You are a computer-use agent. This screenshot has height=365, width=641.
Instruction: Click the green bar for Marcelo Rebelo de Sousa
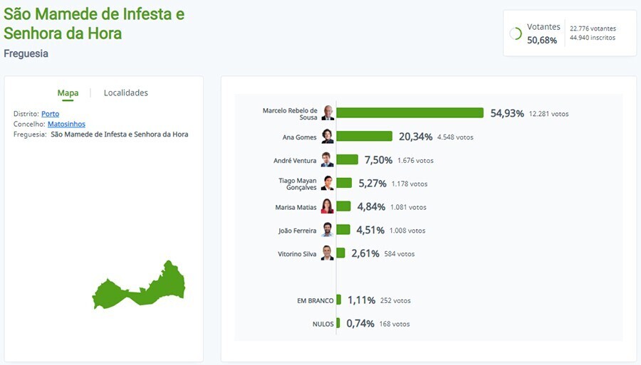(x=410, y=113)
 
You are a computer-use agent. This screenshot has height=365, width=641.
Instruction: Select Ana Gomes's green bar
(x=364, y=137)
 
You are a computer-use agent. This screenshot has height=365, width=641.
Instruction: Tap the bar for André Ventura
(x=347, y=160)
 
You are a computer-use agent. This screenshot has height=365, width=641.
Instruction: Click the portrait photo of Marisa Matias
(x=327, y=207)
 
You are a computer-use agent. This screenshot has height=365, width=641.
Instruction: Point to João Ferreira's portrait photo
(x=327, y=230)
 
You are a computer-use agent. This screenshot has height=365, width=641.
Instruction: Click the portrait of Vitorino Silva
(x=327, y=253)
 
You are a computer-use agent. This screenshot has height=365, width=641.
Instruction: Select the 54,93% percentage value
(x=507, y=113)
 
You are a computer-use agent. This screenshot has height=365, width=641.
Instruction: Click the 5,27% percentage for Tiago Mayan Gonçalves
(x=372, y=184)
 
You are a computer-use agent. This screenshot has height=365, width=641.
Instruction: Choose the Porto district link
(x=50, y=114)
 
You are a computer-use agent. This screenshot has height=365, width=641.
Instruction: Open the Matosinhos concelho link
(x=66, y=124)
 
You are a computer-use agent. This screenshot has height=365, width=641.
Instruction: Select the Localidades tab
(x=126, y=92)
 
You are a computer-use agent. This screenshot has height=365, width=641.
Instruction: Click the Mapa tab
(x=68, y=92)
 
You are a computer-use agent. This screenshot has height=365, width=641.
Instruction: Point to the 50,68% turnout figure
(x=542, y=40)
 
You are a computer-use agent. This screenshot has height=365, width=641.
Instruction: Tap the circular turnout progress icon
(x=516, y=33)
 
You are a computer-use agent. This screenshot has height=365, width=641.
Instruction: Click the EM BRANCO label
(x=315, y=301)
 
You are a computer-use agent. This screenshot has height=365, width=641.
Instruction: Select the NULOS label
(x=323, y=324)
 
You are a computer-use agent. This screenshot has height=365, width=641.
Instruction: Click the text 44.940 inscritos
(x=593, y=38)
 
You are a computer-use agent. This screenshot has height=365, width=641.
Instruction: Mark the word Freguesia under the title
(x=26, y=53)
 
